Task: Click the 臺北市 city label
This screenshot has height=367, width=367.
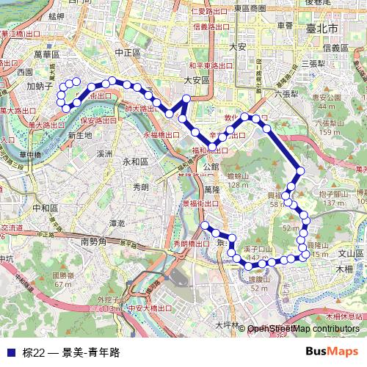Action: coord(322,27)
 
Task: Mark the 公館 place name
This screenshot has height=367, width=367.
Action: coord(211,167)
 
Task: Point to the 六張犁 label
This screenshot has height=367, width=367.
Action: coord(286,94)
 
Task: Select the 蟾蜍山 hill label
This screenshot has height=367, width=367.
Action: coord(239,176)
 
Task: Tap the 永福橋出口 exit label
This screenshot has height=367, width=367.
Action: coord(161,135)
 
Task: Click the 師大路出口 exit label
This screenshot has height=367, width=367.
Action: coord(139,109)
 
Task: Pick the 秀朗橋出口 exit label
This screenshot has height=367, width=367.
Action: coord(191,243)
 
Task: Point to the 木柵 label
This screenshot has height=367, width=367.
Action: coord(344,269)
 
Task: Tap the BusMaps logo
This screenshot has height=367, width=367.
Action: coord(332,352)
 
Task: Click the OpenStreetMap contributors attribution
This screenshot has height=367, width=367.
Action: coord(303,329)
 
